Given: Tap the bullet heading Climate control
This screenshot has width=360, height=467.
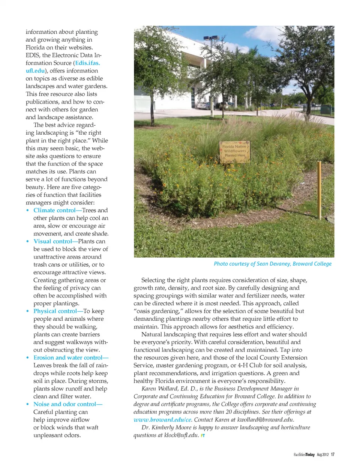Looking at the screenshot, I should pyautogui.click(x=54, y=210).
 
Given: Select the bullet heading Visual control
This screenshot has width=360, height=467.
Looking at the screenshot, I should pyautogui.click(x=52, y=242).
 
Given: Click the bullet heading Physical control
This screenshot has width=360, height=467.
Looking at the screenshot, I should pyautogui.click(x=55, y=311).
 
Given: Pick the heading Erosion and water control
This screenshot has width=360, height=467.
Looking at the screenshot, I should pyautogui.click(x=68, y=358).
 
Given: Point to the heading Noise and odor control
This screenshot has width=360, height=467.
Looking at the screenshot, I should pyautogui.click(x=65, y=404).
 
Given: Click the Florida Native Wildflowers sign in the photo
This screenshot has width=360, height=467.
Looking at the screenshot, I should pyautogui.click(x=235, y=151).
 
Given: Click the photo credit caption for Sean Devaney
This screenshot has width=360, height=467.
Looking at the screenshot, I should pyautogui.click(x=273, y=264).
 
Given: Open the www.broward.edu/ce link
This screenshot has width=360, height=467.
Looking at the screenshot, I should pyautogui.click(x=162, y=420).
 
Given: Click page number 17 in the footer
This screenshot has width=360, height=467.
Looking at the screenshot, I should pyautogui.click(x=333, y=455).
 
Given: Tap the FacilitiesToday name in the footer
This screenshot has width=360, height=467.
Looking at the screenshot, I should pyautogui.click(x=304, y=455).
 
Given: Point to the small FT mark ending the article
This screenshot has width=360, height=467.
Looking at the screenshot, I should pyautogui.click(x=203, y=435).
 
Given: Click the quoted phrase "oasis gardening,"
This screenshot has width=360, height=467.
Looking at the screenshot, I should pyautogui.click(x=157, y=311).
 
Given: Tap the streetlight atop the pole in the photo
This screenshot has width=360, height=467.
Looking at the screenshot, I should pyautogui.click(x=211, y=38).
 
